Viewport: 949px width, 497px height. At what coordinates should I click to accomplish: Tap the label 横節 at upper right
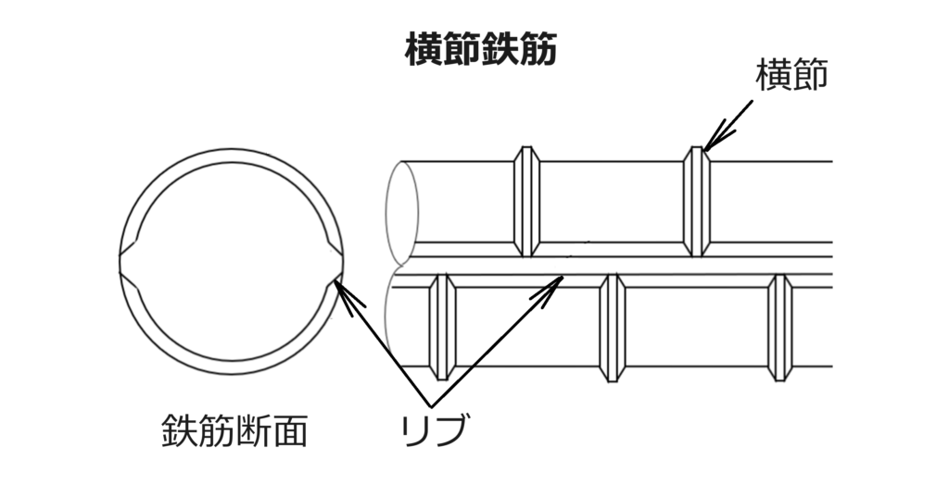791,76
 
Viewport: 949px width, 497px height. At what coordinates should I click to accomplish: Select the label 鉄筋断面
234,430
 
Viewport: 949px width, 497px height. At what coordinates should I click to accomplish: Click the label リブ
435,430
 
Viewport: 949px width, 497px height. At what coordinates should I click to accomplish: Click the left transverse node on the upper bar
526,202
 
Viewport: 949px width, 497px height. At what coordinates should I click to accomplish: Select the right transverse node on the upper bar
697,202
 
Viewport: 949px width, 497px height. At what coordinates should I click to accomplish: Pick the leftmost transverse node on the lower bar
442,327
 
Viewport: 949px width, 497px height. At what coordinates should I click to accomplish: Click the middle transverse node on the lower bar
612,327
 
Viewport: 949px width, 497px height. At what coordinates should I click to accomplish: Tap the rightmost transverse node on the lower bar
780,327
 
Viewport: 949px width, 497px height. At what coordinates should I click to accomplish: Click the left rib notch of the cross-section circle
130,262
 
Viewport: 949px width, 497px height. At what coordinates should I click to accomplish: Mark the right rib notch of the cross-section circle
334,262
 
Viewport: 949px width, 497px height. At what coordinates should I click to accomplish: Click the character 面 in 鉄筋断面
290,430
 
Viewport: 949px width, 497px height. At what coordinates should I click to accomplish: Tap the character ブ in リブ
451,430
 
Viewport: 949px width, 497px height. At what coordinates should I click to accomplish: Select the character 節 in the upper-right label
810,76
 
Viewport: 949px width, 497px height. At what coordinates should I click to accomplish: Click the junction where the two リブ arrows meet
430,405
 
